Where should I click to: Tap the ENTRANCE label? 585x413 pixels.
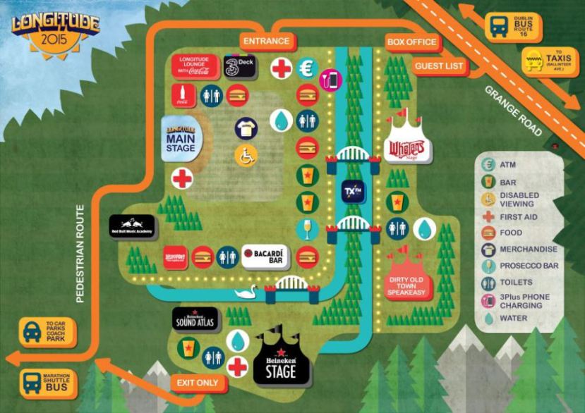tap(266, 41)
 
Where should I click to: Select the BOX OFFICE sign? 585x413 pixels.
tap(412, 42)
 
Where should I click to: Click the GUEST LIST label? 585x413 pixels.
tap(439, 66)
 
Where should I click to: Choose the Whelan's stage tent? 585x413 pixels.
tap(406, 144)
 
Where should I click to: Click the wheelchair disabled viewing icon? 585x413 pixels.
tap(246, 155)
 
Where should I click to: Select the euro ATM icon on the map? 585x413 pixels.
tap(306, 68)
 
